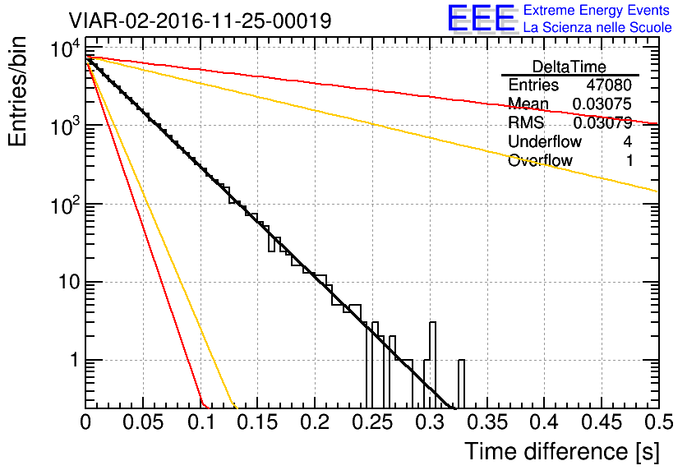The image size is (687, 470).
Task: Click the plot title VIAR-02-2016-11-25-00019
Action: [200, 21]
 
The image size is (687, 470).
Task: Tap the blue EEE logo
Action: [482, 18]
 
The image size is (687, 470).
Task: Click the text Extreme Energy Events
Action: [597, 10]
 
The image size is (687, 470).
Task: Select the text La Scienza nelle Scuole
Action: [597, 27]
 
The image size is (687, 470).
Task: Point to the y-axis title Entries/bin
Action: [18, 91]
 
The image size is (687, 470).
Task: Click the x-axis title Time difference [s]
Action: [562, 451]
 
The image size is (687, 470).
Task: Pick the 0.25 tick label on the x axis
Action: [372, 422]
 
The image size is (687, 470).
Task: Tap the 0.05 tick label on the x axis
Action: [143, 422]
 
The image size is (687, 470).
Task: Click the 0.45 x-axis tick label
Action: [602, 422]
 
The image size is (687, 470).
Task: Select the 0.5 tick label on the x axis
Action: [658, 422]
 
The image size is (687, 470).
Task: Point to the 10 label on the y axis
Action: [70, 282]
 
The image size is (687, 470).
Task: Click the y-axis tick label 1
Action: [75, 360]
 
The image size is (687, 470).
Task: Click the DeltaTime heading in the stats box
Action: [569, 67]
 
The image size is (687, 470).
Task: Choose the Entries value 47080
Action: [609, 85]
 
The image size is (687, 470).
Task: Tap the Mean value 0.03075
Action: [602, 104]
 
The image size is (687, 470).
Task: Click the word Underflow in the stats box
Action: [545, 141]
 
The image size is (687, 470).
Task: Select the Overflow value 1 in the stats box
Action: [629, 160]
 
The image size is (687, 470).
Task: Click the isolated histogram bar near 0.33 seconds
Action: [461, 384]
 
